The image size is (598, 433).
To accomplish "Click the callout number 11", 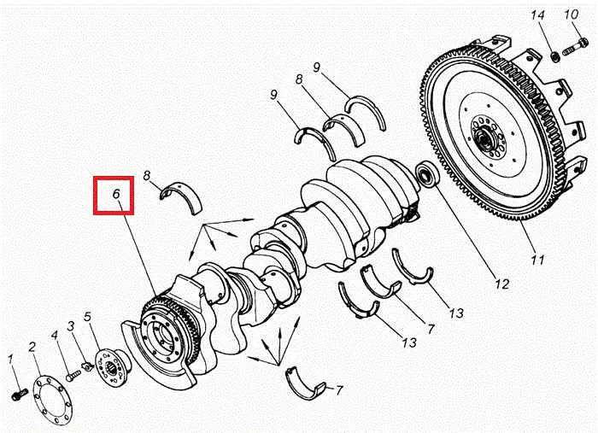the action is click(x=537, y=260).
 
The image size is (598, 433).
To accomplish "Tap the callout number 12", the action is click(x=502, y=284).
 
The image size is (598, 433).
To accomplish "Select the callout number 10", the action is click(x=572, y=15).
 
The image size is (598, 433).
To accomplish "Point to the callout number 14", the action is click(x=537, y=15).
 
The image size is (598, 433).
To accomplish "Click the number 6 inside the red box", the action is click(x=116, y=194).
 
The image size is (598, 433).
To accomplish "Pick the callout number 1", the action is click(x=10, y=360).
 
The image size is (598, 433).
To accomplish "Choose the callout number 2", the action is click(x=32, y=347).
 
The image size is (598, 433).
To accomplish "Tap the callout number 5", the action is click(x=87, y=317).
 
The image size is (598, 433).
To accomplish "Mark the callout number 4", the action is click(x=55, y=335).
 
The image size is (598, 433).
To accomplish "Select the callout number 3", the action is click(x=70, y=326).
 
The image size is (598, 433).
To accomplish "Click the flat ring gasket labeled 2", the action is click(x=53, y=400).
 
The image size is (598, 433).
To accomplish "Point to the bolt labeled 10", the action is click(x=575, y=46).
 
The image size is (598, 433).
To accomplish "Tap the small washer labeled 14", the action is click(x=555, y=56).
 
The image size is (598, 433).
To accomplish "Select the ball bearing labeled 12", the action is click(x=426, y=174).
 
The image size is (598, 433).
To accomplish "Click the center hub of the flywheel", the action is click(x=485, y=140).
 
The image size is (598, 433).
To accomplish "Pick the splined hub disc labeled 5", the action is click(x=114, y=367).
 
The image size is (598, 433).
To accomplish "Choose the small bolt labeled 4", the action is click(x=73, y=375).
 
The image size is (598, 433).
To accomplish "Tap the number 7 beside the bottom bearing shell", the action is click(x=338, y=390).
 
